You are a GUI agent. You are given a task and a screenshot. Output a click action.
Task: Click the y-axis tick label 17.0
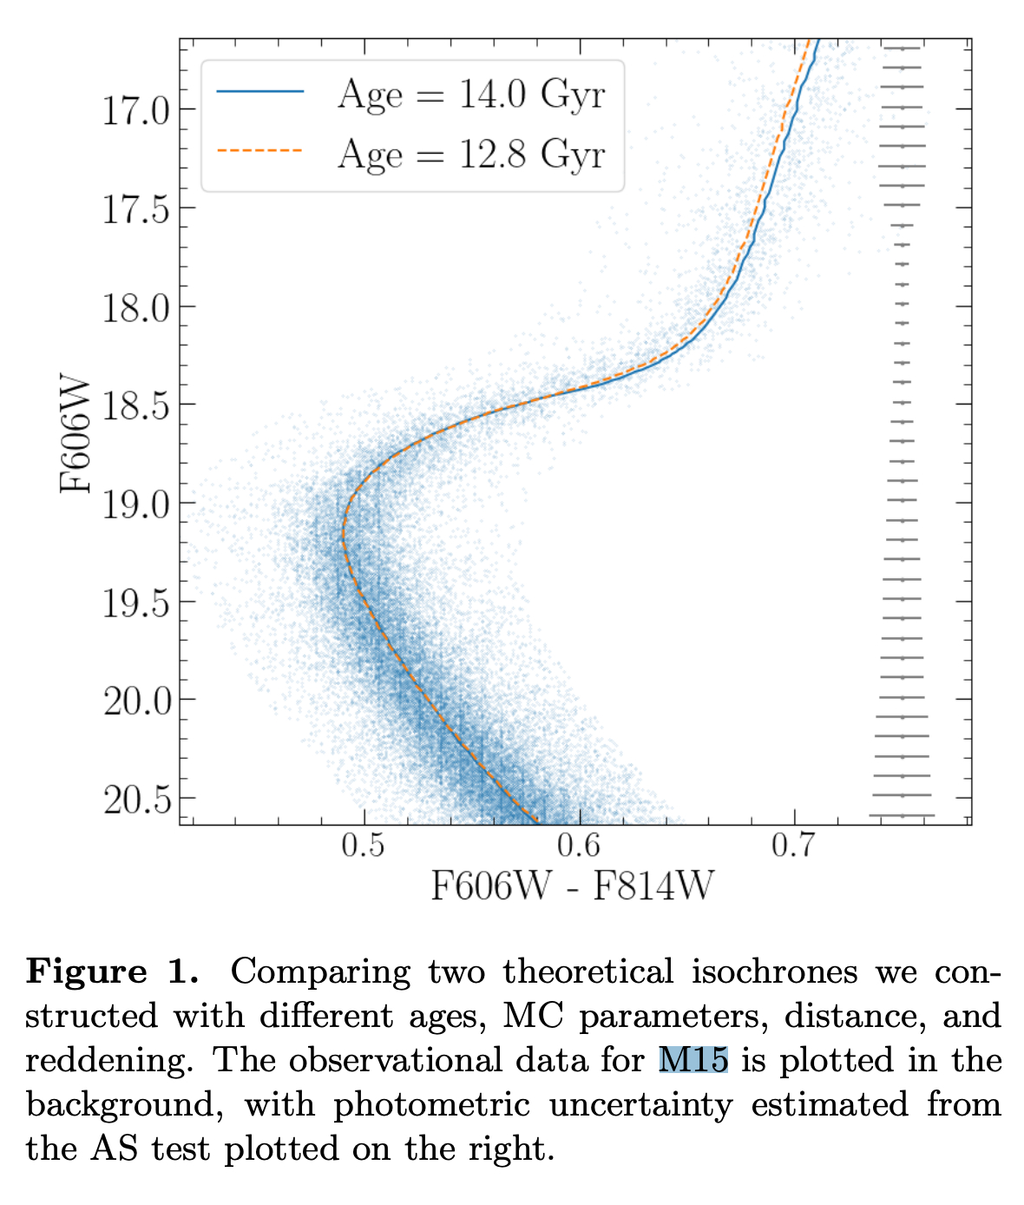(x=136, y=110)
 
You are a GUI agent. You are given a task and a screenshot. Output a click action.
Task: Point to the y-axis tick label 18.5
(x=136, y=405)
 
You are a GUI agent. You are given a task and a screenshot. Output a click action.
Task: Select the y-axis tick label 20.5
(x=136, y=799)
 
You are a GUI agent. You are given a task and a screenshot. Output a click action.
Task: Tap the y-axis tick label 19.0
(x=136, y=504)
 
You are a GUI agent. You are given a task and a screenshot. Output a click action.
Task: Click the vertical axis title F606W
(x=76, y=434)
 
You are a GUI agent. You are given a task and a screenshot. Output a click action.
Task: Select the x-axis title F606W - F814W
(x=573, y=887)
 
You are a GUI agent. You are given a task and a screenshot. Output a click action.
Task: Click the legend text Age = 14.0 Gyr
(x=471, y=94)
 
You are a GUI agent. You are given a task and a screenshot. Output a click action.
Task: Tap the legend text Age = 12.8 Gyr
(x=471, y=155)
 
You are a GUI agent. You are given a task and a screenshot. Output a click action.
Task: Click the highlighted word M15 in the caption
(x=693, y=1060)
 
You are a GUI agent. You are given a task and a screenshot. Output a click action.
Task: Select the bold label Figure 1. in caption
(x=113, y=971)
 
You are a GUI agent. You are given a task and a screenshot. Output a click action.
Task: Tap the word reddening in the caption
(x=112, y=1061)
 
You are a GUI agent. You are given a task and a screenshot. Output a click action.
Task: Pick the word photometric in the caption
(x=431, y=1104)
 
